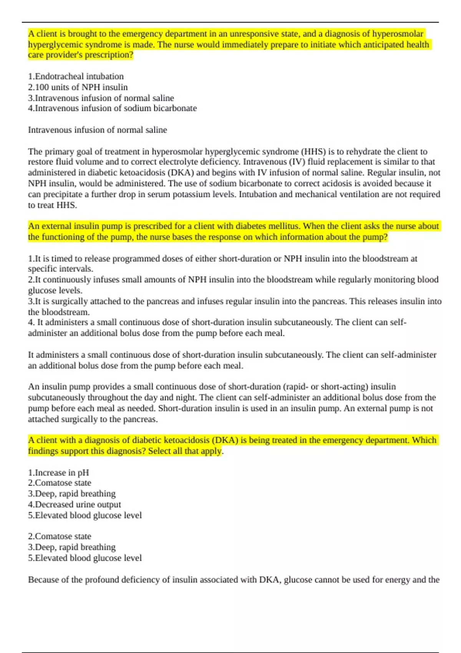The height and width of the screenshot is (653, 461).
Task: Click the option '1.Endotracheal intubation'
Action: pyautogui.click(x=76, y=76)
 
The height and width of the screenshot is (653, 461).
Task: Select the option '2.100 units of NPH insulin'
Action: pyautogui.click(x=78, y=87)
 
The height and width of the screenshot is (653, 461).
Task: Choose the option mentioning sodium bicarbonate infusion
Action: pyautogui.click(x=112, y=108)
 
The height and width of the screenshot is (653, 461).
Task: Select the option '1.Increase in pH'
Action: pyautogui.click(x=58, y=472)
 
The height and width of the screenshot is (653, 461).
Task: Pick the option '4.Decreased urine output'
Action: pyautogui.click(x=74, y=504)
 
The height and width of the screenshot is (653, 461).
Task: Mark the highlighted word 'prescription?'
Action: pyautogui.click(x=109, y=55)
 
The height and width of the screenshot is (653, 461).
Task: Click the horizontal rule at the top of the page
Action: pyautogui.click(x=230, y=22)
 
